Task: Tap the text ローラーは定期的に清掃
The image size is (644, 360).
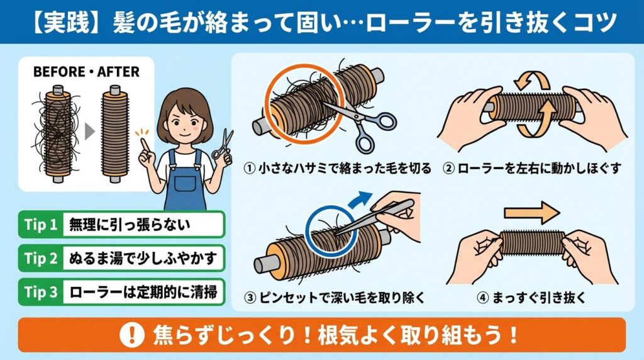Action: (140, 292)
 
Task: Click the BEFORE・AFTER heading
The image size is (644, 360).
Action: (86, 71)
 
